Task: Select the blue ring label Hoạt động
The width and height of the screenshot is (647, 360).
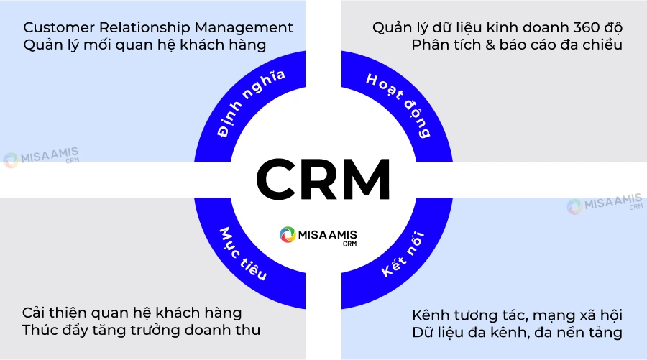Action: tap(398, 104)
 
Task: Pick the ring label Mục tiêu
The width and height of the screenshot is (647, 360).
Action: tap(244, 254)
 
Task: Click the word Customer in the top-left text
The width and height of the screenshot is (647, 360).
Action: tap(56, 28)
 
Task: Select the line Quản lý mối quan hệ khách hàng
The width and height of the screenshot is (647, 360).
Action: tap(145, 45)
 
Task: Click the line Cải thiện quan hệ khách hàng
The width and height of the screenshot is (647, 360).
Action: tap(132, 313)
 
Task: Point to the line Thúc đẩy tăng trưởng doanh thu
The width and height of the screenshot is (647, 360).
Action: tap(141, 331)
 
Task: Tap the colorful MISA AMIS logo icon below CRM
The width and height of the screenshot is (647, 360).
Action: tap(288, 235)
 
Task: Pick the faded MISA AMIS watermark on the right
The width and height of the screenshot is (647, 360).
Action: tap(605, 206)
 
